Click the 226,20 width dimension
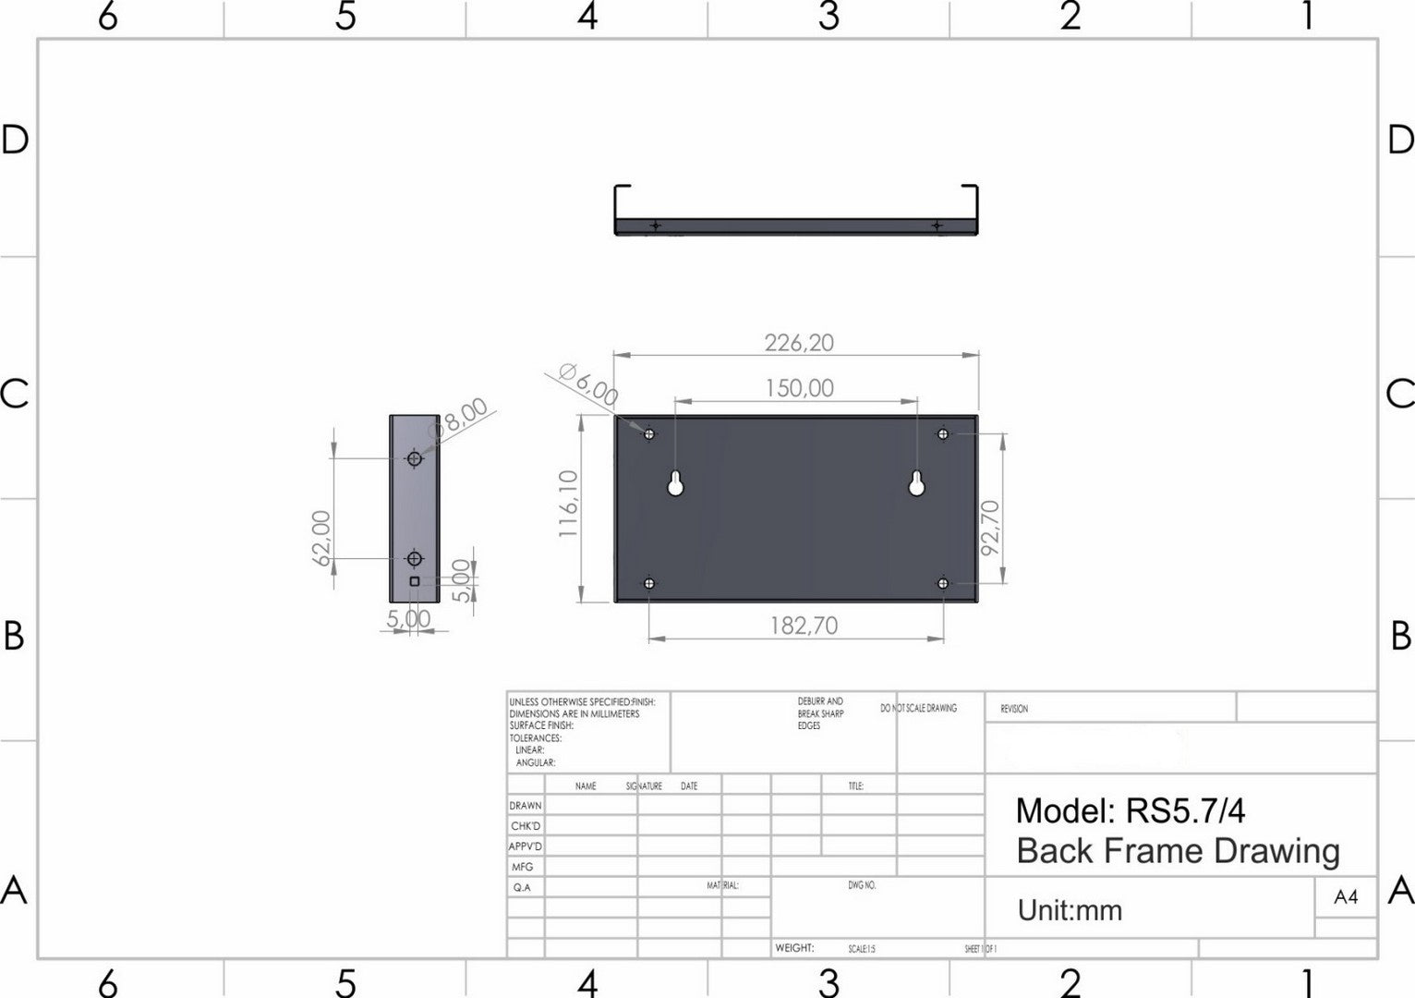(799, 343)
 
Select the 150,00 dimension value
(799, 388)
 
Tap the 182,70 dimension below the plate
(804, 626)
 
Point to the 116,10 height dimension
(568, 504)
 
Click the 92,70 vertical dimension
(990, 527)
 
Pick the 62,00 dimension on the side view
(321, 538)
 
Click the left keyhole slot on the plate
(676, 484)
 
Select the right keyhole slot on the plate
(917, 484)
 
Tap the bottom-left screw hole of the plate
(649, 583)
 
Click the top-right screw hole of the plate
(943, 432)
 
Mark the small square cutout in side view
(415, 580)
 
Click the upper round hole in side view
(415, 458)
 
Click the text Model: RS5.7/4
(1130, 810)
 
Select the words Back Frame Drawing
(1178, 851)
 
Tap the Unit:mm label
(1070, 910)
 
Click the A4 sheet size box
(1346, 896)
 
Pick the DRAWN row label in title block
(526, 806)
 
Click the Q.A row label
(522, 887)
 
